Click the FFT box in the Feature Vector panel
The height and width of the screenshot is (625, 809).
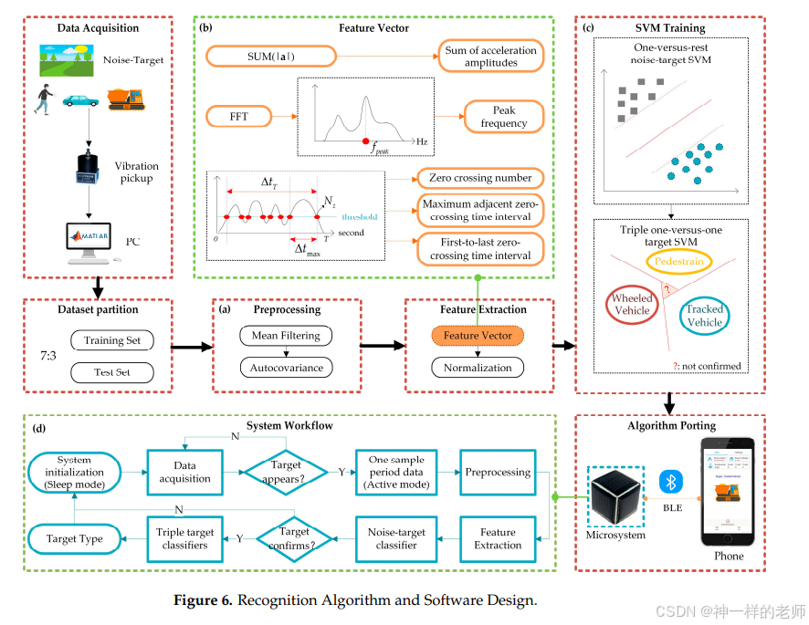[x=238, y=117]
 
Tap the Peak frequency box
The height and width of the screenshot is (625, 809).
[x=504, y=117]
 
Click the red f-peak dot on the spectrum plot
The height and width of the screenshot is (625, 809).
[x=367, y=141]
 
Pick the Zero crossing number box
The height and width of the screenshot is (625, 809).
[x=479, y=178]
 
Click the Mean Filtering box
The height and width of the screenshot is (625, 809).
[x=286, y=336]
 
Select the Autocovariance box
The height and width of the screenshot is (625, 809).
[x=286, y=368]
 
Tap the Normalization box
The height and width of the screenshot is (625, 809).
[x=478, y=368]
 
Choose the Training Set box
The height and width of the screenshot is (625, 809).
[x=112, y=341]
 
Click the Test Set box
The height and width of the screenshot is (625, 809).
[x=112, y=372]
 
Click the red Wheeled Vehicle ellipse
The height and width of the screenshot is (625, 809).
[x=632, y=304]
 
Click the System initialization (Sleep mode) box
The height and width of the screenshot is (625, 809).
[x=80, y=473]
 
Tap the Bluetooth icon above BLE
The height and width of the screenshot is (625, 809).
[x=672, y=481]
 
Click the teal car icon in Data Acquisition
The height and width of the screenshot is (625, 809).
[x=80, y=101]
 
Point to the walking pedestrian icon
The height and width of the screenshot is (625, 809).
[x=41, y=99]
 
